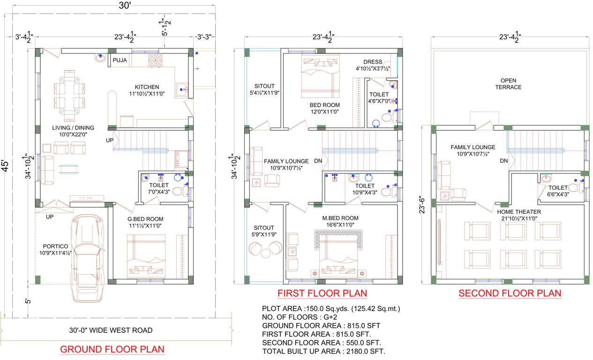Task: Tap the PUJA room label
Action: pos(120,60)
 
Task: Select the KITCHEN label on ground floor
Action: pos(147,87)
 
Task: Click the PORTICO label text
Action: pos(55,246)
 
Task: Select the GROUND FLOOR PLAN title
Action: pos(112,349)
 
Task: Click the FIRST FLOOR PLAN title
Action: pos(322,294)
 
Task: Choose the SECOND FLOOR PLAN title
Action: pos(510,294)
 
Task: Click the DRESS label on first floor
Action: pos(373,62)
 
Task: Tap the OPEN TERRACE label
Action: pos(508,84)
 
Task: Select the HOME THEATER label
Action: pos(519,212)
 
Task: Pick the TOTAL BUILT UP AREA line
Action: pos(323,351)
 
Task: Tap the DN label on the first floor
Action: pos(318,161)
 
